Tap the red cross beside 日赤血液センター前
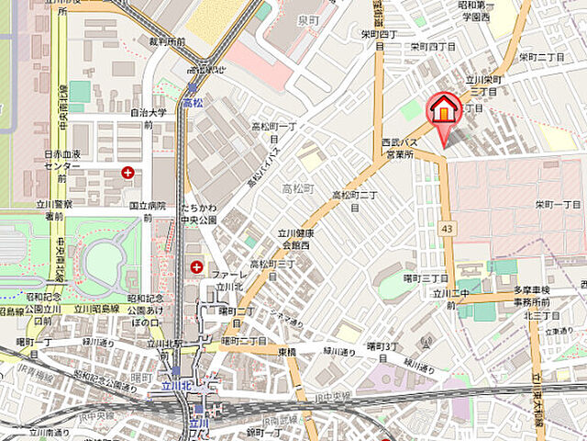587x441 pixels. tap(127, 172)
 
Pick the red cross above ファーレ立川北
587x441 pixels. tap(197, 266)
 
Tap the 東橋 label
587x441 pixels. tap(287, 351)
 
